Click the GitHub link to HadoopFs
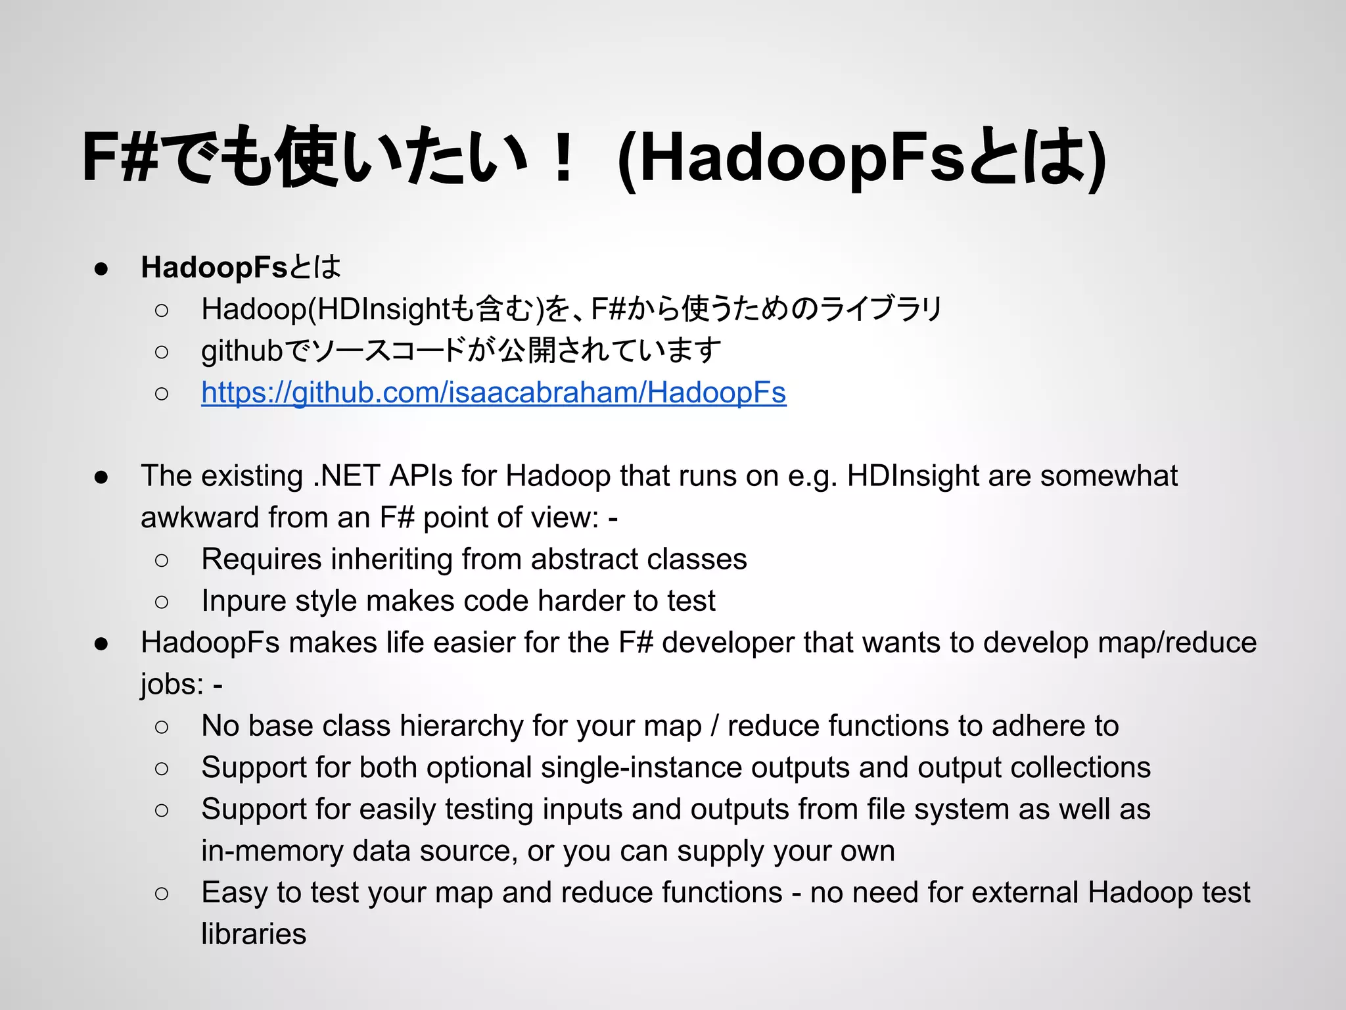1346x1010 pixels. [x=493, y=393]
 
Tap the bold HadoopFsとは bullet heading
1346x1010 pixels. [x=241, y=267]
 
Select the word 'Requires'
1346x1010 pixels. [x=261, y=559]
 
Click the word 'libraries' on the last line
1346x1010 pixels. [x=254, y=934]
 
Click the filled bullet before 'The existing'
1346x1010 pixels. [x=101, y=476]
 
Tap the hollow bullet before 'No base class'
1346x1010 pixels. [x=162, y=727]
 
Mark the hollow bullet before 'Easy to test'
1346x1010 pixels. [x=162, y=893]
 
